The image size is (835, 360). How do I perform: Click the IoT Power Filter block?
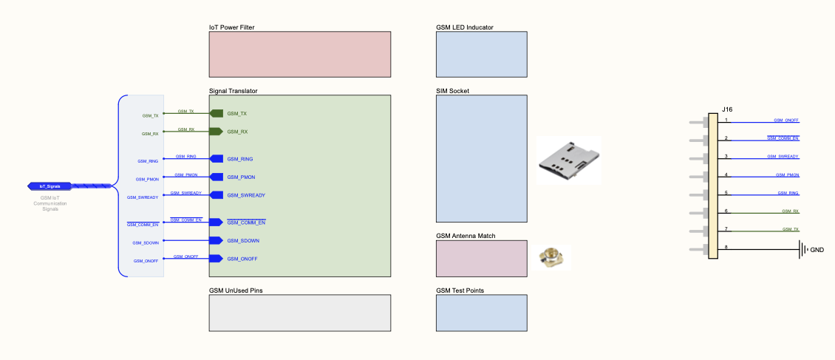299,54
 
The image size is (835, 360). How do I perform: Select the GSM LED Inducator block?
481,54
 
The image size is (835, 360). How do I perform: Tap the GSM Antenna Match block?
481,258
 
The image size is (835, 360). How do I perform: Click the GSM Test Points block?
481,313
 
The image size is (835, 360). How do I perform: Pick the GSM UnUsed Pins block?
299,313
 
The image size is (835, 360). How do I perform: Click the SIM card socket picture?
568,160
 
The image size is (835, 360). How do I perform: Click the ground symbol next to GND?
802,250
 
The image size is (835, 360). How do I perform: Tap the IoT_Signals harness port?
50,186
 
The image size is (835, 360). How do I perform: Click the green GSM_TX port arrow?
217,113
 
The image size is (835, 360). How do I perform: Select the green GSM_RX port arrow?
217,132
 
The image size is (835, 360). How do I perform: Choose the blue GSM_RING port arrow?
217,159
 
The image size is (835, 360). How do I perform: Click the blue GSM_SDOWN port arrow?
217,240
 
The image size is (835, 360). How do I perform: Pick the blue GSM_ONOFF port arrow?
217,259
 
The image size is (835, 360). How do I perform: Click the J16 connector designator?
728,109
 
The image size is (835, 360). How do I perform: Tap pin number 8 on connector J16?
726,247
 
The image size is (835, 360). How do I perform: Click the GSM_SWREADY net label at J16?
783,157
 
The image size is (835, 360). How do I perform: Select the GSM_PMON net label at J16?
787,175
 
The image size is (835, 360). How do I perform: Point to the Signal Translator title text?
233,91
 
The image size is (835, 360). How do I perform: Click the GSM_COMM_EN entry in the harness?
143,224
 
